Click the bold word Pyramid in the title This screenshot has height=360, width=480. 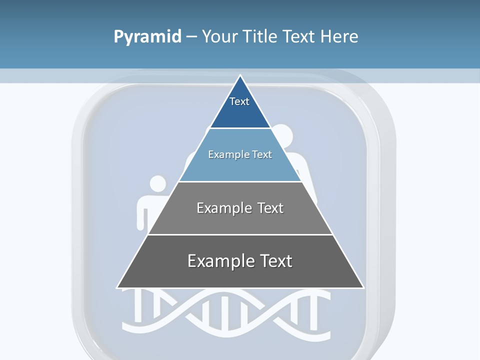click(x=147, y=37)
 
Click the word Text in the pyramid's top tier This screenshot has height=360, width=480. click(x=239, y=101)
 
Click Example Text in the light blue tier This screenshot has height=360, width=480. click(x=240, y=154)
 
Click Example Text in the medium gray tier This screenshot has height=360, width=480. click(x=240, y=208)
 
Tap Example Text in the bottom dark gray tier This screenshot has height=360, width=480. click(x=240, y=261)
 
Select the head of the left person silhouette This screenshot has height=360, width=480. click(x=158, y=184)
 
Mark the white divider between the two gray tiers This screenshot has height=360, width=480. click(x=240, y=234)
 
